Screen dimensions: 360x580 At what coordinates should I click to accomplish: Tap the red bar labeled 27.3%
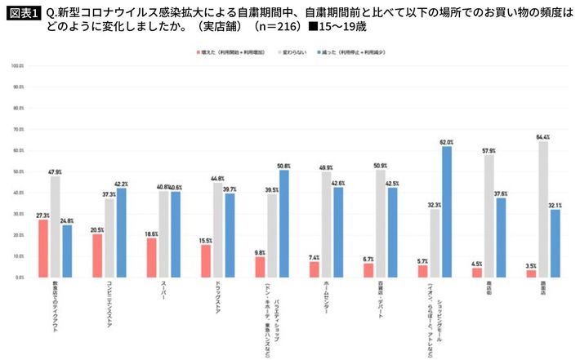pyautogui.click(x=42, y=248)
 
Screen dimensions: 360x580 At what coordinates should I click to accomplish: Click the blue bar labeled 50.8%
pyautogui.click(x=284, y=224)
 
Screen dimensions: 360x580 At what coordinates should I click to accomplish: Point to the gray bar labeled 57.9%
pyautogui.click(x=488, y=216)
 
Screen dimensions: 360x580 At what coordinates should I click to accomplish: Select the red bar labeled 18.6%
pyautogui.click(x=151, y=257)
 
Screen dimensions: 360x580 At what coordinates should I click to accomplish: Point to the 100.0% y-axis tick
pyautogui.click(x=16, y=64)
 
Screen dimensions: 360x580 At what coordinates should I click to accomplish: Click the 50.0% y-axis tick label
pyautogui.click(x=16, y=171)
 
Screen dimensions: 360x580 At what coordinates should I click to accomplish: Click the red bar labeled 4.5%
pyautogui.click(x=476, y=272)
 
